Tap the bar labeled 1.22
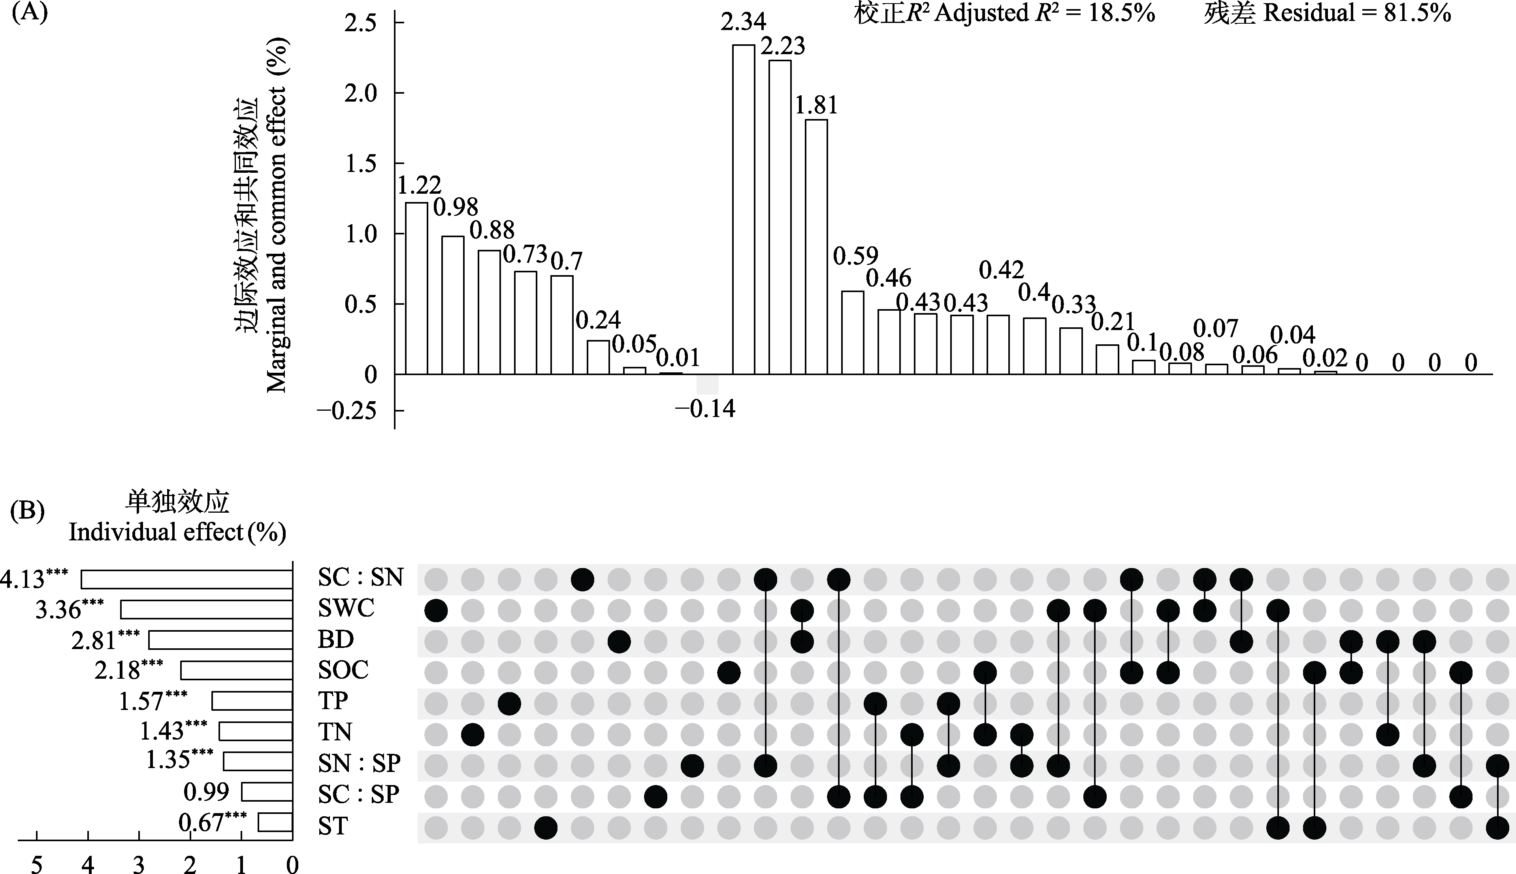[x=416, y=288]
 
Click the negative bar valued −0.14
[x=707, y=385]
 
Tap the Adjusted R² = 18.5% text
[x=1004, y=13]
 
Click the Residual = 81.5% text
[x=1327, y=13]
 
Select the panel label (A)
[x=29, y=12]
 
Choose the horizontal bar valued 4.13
[x=186, y=579]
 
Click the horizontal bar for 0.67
[x=275, y=822]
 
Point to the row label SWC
[x=346, y=609]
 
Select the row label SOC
[x=343, y=670]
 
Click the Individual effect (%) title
[x=177, y=532]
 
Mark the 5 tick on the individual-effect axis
[x=37, y=865]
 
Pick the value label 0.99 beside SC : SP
[x=206, y=792]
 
